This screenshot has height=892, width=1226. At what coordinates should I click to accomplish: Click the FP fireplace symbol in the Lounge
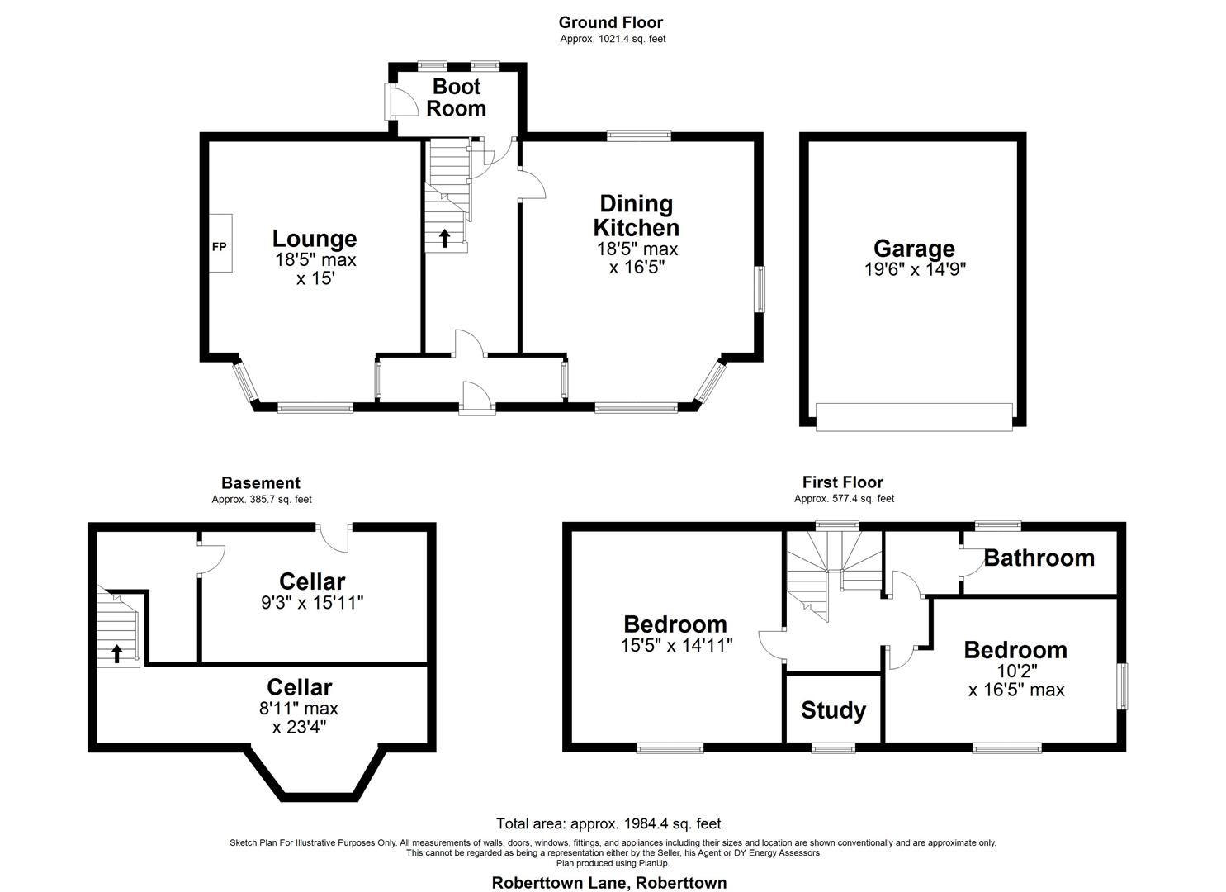[x=220, y=245]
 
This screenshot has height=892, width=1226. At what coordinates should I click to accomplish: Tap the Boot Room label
[x=457, y=97]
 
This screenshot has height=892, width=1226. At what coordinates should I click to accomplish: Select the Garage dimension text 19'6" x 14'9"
[x=914, y=269]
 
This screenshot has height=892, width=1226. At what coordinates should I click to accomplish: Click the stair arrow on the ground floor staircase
[x=444, y=239]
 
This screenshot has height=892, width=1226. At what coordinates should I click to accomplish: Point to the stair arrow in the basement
[x=116, y=653]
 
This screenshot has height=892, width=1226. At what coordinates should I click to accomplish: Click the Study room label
[x=833, y=710]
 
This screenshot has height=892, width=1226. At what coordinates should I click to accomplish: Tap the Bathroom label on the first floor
[x=1039, y=558]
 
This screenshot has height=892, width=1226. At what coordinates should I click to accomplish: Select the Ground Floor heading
[x=610, y=22]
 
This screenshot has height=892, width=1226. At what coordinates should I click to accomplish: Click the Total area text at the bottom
[x=608, y=823]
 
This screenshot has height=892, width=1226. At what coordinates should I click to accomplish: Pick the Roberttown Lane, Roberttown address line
[x=609, y=882]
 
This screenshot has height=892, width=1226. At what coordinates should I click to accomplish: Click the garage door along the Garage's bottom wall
[x=914, y=416]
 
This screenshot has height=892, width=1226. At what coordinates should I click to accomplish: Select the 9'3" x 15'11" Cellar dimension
[x=311, y=603]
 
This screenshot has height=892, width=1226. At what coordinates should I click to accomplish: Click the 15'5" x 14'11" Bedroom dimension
[x=675, y=645]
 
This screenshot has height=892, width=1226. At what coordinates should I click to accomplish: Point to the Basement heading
[x=261, y=483]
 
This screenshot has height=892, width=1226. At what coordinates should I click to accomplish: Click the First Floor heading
[x=842, y=482]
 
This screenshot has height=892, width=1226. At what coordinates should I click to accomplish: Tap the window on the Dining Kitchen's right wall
[x=760, y=289]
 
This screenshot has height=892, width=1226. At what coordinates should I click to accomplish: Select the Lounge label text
[x=315, y=239]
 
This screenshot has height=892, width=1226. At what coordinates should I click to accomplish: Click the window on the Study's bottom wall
[x=833, y=748]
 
